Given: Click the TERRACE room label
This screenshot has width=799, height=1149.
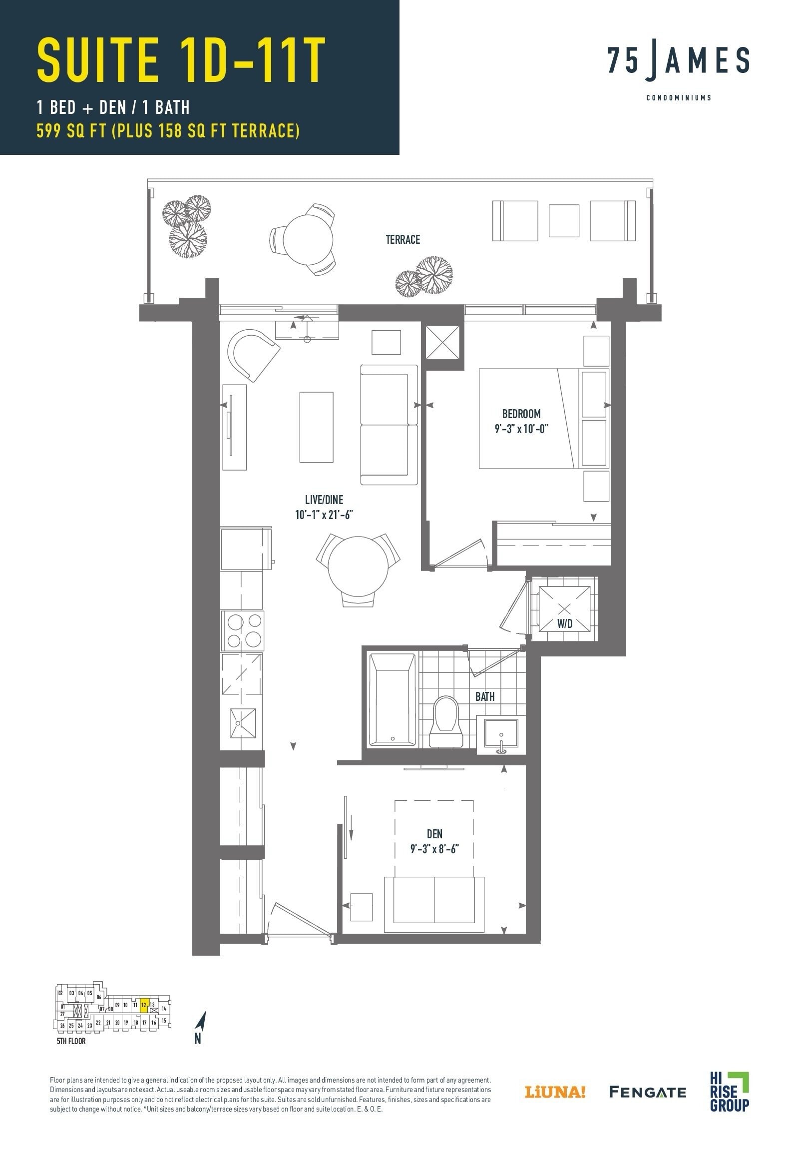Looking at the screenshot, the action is point(402,240).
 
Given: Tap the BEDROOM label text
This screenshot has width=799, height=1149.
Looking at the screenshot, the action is point(521,414).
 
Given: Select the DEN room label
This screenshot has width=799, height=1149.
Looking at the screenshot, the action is point(434,834).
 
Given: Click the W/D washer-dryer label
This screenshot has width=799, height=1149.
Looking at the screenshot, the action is point(565,623).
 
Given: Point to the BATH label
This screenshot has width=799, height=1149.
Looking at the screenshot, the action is point(485,696).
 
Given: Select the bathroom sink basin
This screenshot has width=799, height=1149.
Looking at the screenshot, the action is point(501,735).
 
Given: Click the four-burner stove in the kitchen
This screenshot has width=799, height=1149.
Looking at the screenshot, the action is point(243,630).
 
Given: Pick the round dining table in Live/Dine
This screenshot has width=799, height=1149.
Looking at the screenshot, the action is point(358,566).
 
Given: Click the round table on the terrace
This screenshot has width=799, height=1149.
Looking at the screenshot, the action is point(308,239).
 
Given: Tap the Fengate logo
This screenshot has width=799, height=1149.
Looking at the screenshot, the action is point(647,1091).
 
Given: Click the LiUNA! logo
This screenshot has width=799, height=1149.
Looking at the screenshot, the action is point(555,1092).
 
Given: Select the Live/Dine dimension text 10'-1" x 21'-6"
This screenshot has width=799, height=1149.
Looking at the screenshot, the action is point(324,515).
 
